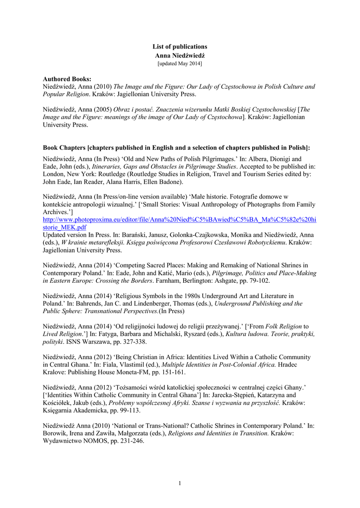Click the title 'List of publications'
(180, 47)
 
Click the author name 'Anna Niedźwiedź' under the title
(180, 55)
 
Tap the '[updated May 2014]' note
(180, 63)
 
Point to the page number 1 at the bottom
(180, 484)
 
